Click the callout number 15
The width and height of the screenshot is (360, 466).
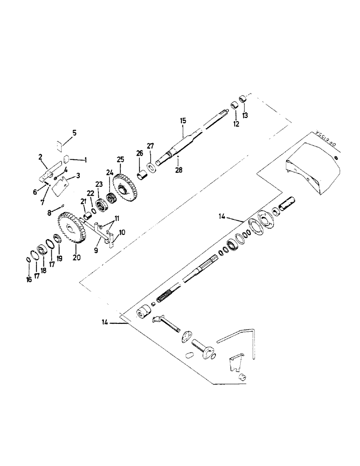click(183, 120)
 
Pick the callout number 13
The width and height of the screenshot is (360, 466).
click(244, 115)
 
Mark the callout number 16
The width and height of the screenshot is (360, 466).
click(29, 279)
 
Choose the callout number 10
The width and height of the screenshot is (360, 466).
click(123, 232)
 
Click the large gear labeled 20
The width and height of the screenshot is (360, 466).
click(72, 228)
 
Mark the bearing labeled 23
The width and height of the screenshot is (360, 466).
click(99, 204)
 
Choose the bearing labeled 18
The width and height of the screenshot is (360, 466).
click(41, 251)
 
